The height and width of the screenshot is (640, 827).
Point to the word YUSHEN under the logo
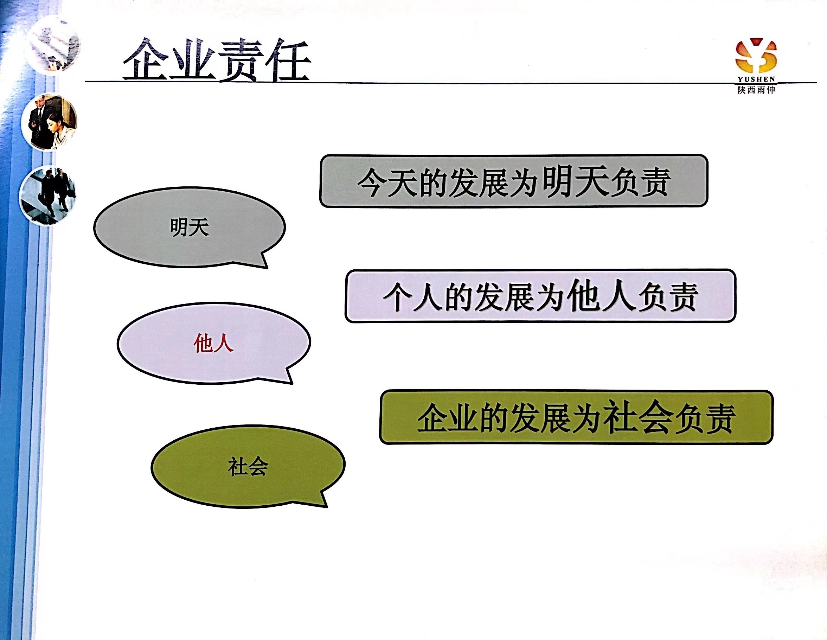coord(756,79)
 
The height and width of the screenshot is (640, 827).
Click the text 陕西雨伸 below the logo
coord(756,90)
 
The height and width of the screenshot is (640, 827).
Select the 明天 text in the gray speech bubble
coord(189,227)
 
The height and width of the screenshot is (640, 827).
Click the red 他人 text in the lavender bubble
coord(213,344)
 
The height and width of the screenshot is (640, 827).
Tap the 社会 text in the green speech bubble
coord(248,466)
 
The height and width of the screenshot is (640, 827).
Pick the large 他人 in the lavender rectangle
coord(601,295)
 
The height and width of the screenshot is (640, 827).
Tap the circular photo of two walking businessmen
coord(48,196)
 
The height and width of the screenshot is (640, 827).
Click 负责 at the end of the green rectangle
coord(705,418)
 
